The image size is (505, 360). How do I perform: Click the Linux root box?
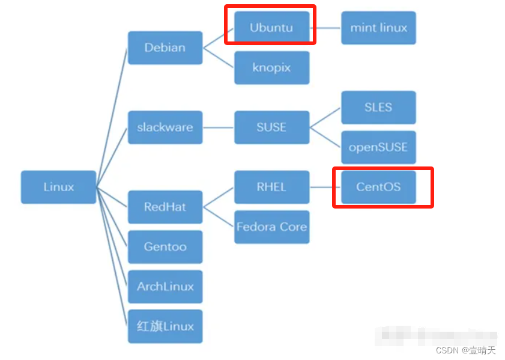click(x=58, y=187)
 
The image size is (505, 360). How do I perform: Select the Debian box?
click(x=165, y=47)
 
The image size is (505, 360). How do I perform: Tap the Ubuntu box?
click(x=271, y=28)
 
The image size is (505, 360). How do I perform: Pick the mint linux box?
click(x=378, y=28)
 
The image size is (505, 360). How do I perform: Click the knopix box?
click(x=271, y=67)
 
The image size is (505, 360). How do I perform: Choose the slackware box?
click(x=165, y=127)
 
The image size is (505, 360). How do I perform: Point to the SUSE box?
click(x=271, y=127)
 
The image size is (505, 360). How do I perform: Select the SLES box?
click(x=378, y=107)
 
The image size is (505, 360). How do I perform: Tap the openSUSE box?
click(x=378, y=147)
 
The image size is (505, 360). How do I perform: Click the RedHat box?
click(x=165, y=207)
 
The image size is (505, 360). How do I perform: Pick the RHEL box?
click(x=271, y=187)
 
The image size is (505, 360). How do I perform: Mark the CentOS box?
click(x=378, y=187)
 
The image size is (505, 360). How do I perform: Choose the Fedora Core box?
click(x=271, y=227)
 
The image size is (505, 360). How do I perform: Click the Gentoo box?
click(x=165, y=246)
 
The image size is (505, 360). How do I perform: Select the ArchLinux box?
click(x=165, y=286)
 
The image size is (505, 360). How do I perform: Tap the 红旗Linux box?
click(x=165, y=326)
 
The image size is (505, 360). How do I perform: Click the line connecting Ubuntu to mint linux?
click(x=328, y=28)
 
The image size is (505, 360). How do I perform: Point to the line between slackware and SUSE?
click(x=218, y=127)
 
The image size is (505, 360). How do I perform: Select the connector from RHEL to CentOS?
click(x=325, y=187)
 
